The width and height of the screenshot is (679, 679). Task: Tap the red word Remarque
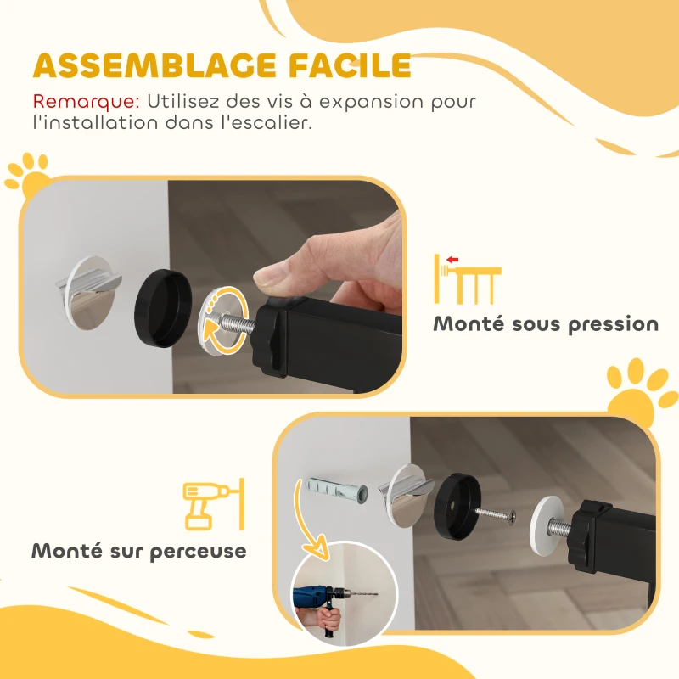[86, 101]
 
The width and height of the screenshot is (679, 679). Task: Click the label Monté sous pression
[546, 324]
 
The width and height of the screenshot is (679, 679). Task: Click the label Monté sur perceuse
[139, 551]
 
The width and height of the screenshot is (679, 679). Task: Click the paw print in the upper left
[28, 172]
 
